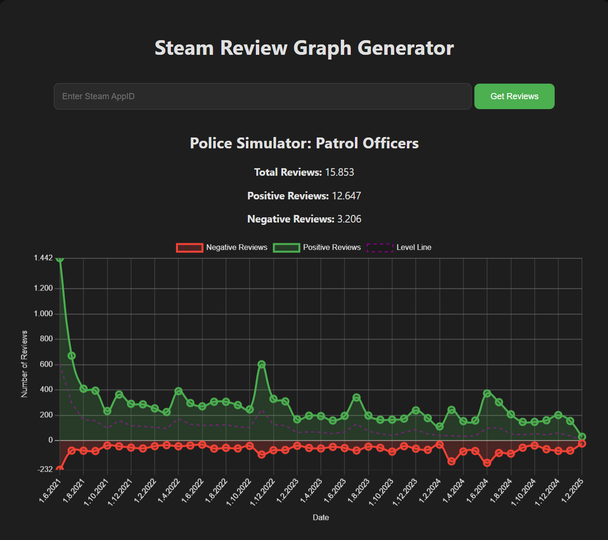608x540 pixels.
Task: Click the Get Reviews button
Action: point(514,96)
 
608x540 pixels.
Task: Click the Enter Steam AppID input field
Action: point(262,96)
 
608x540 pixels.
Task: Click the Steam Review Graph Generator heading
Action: point(304,48)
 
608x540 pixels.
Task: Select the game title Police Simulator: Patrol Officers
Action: point(304,143)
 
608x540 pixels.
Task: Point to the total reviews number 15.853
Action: point(339,172)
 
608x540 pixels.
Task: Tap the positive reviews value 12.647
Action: point(346,196)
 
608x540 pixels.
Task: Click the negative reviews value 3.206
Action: point(349,219)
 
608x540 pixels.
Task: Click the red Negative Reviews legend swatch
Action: point(189,248)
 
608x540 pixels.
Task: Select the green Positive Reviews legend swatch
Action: point(286,248)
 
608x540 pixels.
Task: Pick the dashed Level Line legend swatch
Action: point(380,248)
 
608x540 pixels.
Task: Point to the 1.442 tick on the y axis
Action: point(43,258)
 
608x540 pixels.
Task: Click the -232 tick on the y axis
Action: point(45,469)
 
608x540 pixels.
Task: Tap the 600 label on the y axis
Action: point(46,364)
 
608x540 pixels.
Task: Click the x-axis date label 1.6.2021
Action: point(51,491)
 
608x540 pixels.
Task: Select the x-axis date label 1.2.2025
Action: point(573,491)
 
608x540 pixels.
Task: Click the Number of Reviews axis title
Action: point(25,364)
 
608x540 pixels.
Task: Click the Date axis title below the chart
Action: point(321,518)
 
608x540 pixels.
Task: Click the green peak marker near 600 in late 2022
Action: point(262,364)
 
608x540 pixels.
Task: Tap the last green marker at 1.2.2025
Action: point(582,437)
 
